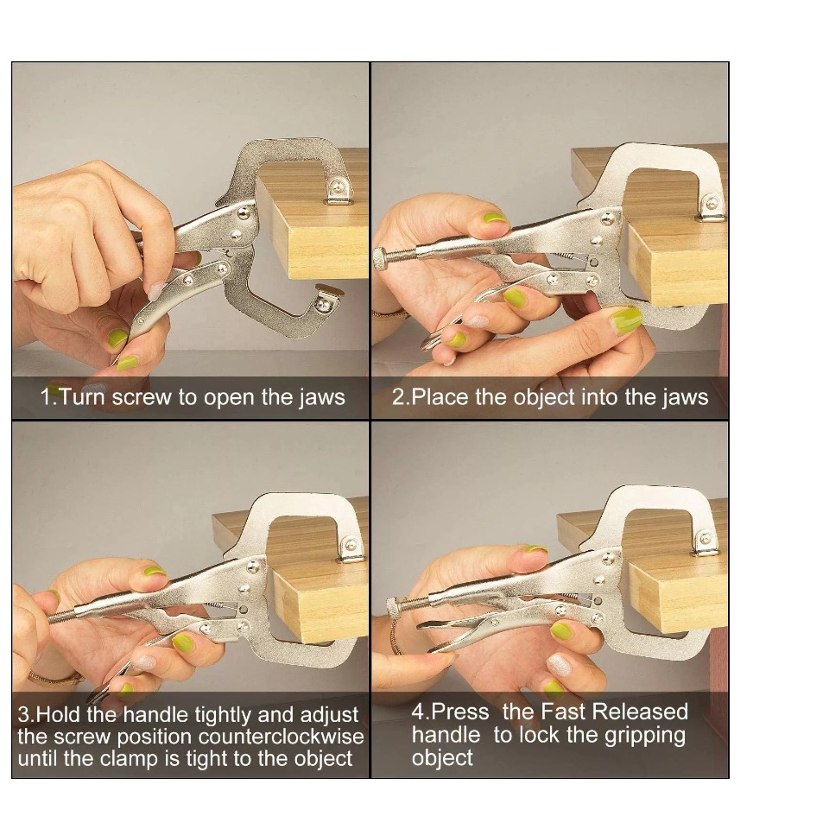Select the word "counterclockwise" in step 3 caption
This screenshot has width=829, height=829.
281,737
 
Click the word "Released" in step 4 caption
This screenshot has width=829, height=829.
642,712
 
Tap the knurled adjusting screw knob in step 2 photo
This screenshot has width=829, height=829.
380,258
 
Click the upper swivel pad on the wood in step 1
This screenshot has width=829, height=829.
336,191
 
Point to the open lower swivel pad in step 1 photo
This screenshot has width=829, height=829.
326,297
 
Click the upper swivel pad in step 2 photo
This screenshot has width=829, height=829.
711,206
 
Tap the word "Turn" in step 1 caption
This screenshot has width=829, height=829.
83,397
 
